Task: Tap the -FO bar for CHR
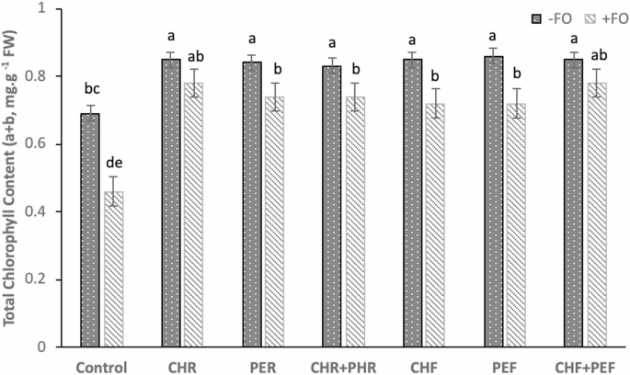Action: click(170, 203)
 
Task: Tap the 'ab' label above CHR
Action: click(194, 53)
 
